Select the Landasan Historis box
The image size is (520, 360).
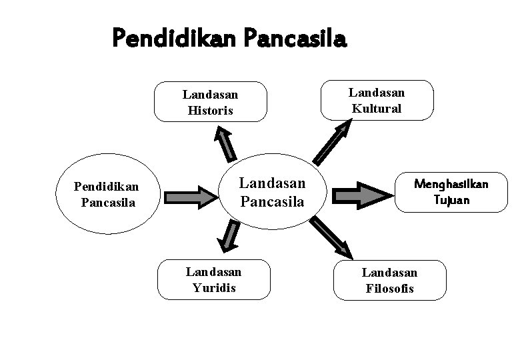(211, 102)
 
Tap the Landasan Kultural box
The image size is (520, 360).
(377, 100)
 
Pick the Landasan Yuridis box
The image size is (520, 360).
(213, 280)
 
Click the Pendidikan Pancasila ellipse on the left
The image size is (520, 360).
(107, 193)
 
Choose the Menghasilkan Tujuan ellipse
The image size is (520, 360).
(451, 191)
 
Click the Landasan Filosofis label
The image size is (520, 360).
(389, 280)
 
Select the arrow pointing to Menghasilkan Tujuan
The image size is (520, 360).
(364, 193)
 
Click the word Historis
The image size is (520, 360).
(211, 110)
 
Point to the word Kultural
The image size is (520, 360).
(377, 108)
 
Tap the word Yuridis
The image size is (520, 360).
(213, 288)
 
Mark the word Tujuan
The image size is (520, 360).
(451, 200)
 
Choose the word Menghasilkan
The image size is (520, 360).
(451, 183)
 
